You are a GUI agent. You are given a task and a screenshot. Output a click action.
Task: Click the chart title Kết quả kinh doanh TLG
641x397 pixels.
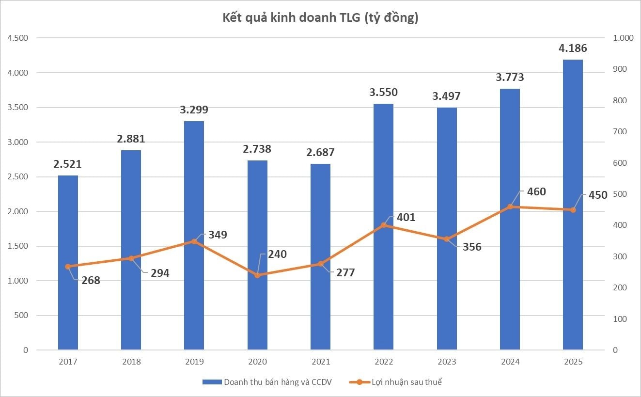320,18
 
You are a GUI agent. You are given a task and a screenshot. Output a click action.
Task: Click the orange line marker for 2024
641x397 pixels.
510,207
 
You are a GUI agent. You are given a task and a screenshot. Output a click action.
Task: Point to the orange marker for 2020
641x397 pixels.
257,275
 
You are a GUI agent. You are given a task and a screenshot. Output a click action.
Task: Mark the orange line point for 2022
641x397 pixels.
384,225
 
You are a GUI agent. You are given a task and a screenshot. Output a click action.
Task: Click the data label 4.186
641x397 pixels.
573,48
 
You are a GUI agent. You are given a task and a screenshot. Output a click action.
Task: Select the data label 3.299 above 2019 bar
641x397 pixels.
194,110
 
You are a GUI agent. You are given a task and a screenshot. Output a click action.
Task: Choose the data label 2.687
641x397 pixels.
320,152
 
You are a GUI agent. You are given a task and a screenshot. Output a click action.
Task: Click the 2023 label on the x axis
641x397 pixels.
447,362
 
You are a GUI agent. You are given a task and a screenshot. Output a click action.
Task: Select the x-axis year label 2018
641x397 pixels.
131,362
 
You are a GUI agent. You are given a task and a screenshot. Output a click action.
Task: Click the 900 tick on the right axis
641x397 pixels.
620,69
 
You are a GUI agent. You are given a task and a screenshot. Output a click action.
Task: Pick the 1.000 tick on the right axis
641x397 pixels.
623,38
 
